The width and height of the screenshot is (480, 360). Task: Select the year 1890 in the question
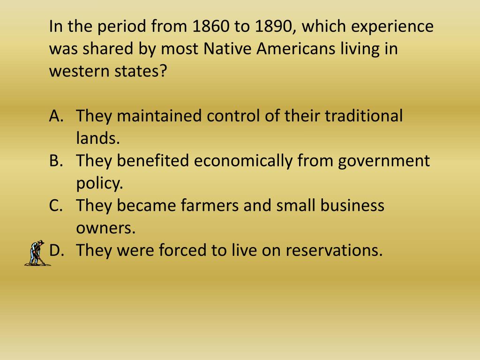pyautogui.click(x=273, y=27)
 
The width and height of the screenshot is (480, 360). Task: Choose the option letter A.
pyautogui.click(x=55, y=116)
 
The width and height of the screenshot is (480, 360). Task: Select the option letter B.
pyautogui.click(x=55, y=161)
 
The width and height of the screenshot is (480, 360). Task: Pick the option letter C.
pyautogui.click(x=55, y=206)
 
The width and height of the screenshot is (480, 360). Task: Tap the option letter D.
pyautogui.click(x=56, y=251)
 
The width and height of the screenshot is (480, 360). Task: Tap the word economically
pyautogui.click(x=243, y=161)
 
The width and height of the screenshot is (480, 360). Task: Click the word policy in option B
pyautogui.click(x=99, y=183)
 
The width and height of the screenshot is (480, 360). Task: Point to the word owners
pyautogui.click(x=105, y=228)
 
